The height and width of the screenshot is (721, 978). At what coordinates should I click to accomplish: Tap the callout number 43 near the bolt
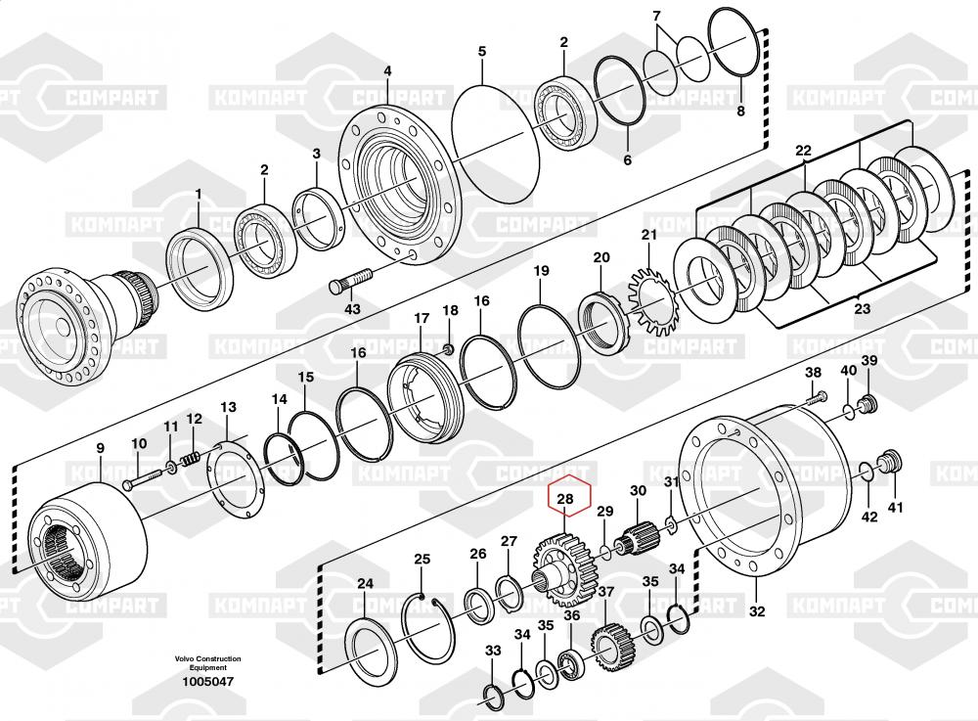tap(352, 309)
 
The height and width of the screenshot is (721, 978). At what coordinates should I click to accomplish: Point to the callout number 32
tap(756, 611)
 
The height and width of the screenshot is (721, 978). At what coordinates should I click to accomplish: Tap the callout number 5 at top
tap(481, 50)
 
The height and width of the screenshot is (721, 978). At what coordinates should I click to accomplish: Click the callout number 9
tap(99, 449)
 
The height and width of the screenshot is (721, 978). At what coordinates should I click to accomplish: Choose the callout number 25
tap(422, 560)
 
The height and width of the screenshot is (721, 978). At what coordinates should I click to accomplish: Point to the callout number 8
tap(740, 112)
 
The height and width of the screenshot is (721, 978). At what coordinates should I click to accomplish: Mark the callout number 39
tap(868, 362)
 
